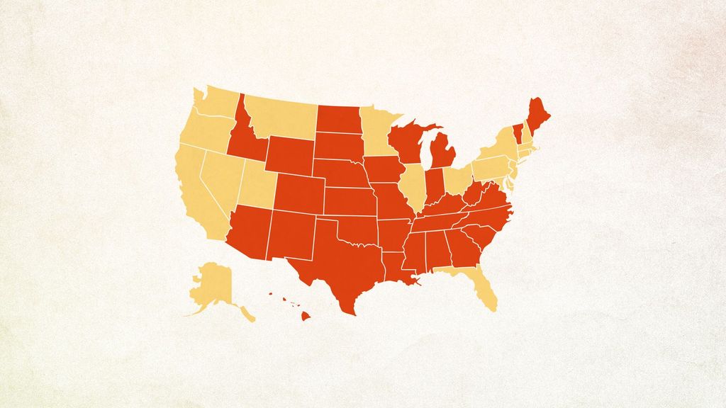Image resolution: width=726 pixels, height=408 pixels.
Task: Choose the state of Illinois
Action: pos(411,184)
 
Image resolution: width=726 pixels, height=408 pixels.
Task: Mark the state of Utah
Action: pos(255,181)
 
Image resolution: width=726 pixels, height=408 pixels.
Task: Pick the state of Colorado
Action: pos(298,191)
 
